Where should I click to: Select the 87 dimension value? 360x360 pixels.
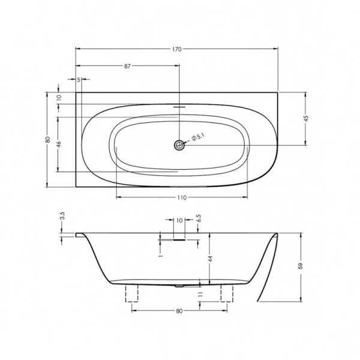click(x=128, y=66)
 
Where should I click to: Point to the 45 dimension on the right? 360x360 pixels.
click(x=306, y=118)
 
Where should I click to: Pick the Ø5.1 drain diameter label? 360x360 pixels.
click(x=198, y=139)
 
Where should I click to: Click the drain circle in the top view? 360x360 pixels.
click(x=179, y=145)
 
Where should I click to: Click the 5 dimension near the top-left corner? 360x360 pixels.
click(x=79, y=79)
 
